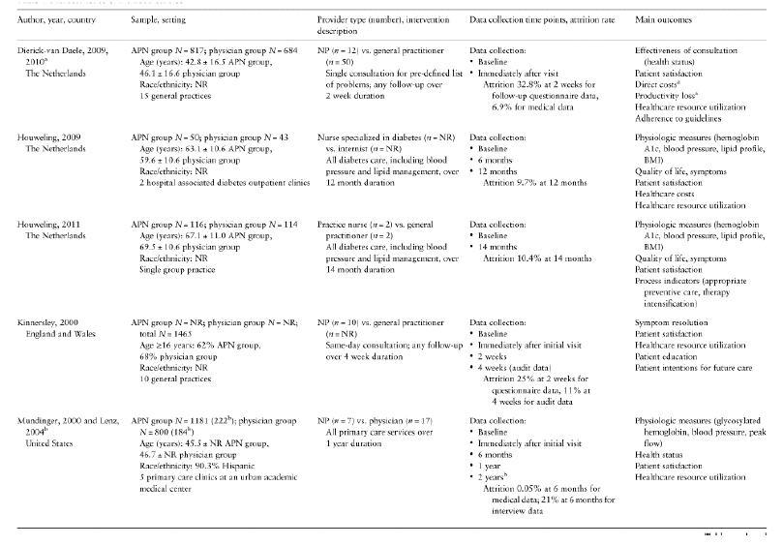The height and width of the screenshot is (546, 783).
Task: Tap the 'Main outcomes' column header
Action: coord(662,19)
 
